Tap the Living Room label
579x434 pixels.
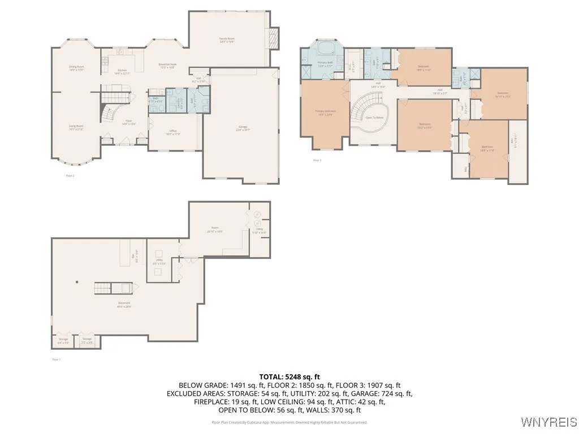click(76, 128)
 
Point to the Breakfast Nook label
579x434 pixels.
click(167, 66)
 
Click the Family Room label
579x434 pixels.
click(227, 40)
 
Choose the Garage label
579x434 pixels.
click(244, 128)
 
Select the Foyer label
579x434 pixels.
click(129, 122)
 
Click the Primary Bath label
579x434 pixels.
click(325, 64)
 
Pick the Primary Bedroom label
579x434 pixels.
click(325, 112)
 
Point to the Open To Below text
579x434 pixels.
click(374, 118)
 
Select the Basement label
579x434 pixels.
click(124, 305)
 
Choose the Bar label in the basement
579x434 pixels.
click(133, 255)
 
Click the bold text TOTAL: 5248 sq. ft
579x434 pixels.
click(289, 376)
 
